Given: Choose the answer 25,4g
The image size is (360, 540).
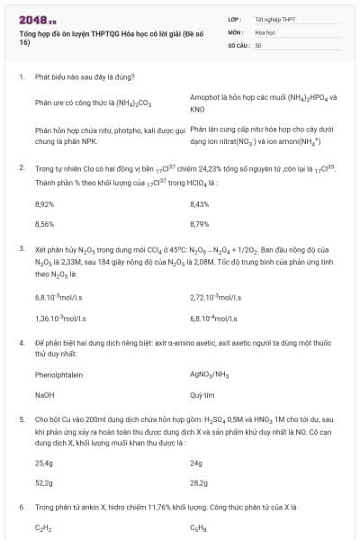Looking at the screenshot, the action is (43, 463).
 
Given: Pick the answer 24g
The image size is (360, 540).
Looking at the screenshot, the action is (196, 463).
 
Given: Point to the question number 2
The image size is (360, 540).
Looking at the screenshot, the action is (21, 167).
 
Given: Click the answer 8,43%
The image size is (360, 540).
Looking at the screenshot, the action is (200, 203).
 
